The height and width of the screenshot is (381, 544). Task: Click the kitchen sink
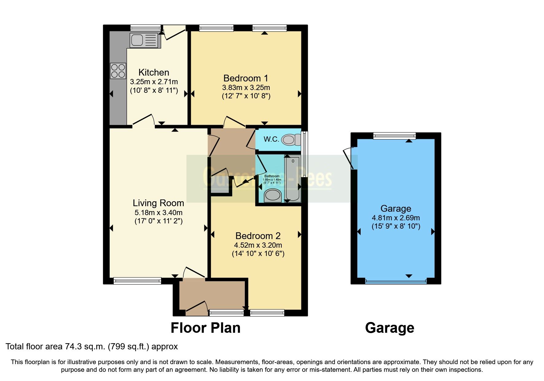143,40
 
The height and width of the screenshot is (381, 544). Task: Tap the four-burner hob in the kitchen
118,71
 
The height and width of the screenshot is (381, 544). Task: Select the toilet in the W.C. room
290,140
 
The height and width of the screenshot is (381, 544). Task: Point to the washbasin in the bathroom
272,195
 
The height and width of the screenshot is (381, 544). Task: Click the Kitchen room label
154,73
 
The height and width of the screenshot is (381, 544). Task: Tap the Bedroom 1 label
246,78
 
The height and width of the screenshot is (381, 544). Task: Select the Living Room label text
158,203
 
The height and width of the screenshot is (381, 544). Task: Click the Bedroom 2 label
258,236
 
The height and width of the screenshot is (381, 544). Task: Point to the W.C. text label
271,139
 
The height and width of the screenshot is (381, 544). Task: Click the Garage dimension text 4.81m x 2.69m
396,218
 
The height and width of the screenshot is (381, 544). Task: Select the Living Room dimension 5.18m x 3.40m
158,213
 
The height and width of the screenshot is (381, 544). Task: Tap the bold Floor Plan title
205,328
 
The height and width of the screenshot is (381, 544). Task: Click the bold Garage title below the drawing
389,328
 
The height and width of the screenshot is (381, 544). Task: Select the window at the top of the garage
394,136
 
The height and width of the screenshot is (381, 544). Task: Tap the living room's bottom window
137,281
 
